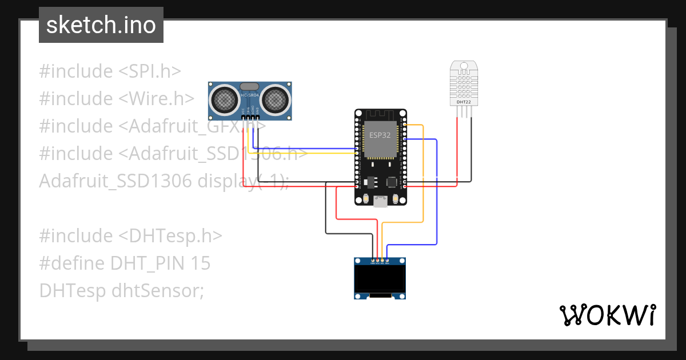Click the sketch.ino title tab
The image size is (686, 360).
tap(101, 25)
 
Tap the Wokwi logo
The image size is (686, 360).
tap(607, 315)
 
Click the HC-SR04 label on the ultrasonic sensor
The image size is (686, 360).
tap(250, 95)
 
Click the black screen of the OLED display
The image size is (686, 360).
tap(380, 279)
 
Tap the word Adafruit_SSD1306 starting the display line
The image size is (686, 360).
tap(115, 181)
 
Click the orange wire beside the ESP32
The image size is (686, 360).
tap(423, 171)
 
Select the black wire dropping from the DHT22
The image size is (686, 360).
tap(472, 149)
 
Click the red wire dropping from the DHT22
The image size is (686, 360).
tap(457, 149)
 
